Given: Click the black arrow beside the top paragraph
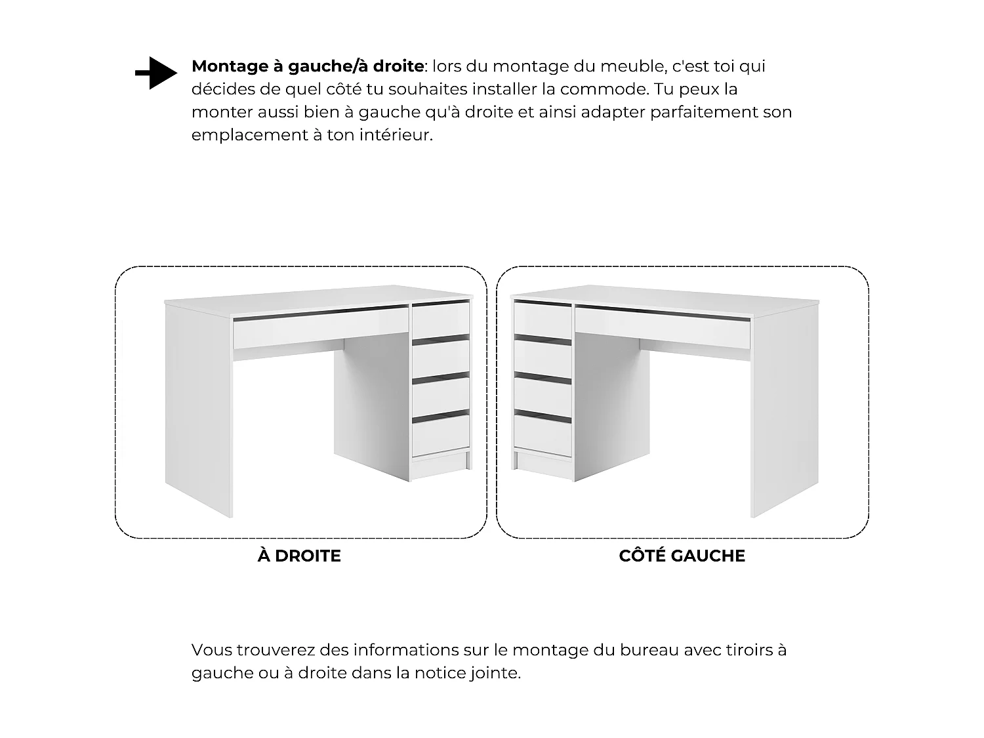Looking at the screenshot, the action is point(156,73).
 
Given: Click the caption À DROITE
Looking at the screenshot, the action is point(299,556).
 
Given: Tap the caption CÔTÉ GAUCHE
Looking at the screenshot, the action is point(682,556).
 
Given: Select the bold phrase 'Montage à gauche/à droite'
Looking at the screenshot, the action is point(308,66).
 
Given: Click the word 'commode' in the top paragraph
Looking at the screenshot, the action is point(604,89).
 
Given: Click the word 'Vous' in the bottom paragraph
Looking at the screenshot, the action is point(211,649).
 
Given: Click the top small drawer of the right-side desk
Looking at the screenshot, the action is point(441,320).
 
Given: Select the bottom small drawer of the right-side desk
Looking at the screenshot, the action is point(441,435).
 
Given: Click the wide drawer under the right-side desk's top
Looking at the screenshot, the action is point(321,327).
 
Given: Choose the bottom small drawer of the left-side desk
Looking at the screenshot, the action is point(543,435).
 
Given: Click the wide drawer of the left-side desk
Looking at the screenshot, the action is point(663,327).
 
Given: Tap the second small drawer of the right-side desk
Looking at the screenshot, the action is point(441,359).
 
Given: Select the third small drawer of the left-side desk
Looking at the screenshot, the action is point(543,397).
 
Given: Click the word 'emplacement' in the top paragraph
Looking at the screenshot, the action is point(249,135).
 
